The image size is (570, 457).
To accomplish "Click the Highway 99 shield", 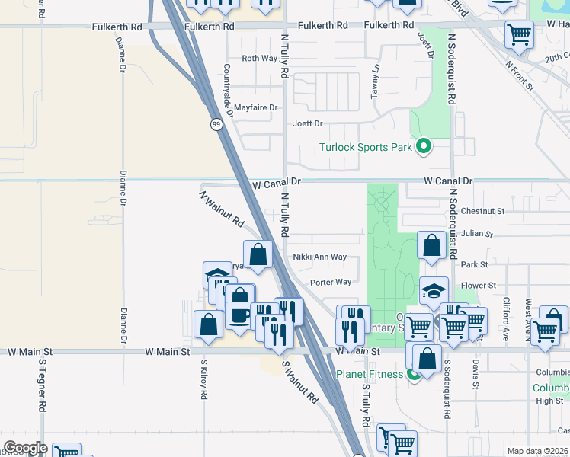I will [x=217, y=124].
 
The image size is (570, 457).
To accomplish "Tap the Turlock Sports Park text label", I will [x=365, y=147].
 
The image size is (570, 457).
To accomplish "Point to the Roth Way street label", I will [x=259, y=58].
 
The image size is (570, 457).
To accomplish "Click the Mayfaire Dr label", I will [x=256, y=107].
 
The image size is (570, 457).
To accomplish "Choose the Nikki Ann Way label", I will [x=320, y=257].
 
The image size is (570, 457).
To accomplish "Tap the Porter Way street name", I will [x=330, y=283].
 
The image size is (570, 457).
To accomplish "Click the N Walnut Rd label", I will [x=222, y=209].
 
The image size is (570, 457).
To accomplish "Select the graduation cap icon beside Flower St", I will [x=434, y=290].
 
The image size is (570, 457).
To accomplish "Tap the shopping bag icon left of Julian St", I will [x=432, y=245].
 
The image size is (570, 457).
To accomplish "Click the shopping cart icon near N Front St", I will [x=519, y=34].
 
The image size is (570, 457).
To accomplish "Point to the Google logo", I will [x=25, y=448].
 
